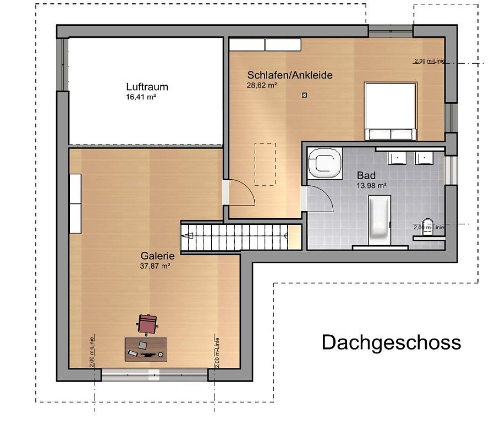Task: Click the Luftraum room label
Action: pyautogui.click(x=147, y=87)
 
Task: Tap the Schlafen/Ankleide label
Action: pyautogui.click(x=290, y=75)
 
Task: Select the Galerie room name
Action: pyautogui.click(x=157, y=256)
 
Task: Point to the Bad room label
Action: pyautogui.click(x=366, y=175)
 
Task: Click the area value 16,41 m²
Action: pyautogui.click(x=141, y=97)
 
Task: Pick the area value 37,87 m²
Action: pyautogui.click(x=155, y=266)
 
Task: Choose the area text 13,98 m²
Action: pyautogui.click(x=372, y=186)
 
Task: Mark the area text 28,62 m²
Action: pyautogui.click(x=262, y=85)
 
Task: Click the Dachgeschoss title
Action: pyautogui.click(x=391, y=342)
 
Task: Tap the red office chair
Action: pyautogui.click(x=147, y=324)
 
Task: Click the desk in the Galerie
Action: pyautogui.click(x=146, y=350)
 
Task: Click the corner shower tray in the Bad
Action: pyautogui.click(x=325, y=163)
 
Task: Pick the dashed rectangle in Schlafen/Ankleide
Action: pyautogui.click(x=265, y=164)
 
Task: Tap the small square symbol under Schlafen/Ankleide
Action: pyautogui.click(x=304, y=95)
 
